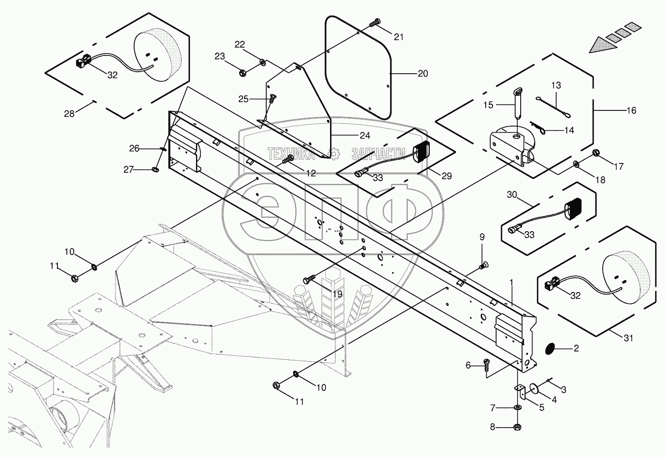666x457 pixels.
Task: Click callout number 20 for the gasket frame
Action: pos(423,74)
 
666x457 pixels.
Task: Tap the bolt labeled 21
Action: pos(375,23)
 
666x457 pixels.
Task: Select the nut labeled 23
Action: pos(243,73)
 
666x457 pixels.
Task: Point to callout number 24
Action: pos(365,135)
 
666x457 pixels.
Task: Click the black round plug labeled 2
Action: pos(551,348)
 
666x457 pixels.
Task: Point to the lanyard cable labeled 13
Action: pos(553,107)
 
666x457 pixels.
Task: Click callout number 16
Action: pos(631,110)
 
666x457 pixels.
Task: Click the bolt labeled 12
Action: pos(287,160)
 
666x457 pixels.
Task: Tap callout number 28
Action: pos(69,113)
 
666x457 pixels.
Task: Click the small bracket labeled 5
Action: pos(521,391)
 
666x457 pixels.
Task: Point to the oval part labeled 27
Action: pos(155,169)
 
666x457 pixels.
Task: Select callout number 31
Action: pos(628,338)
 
